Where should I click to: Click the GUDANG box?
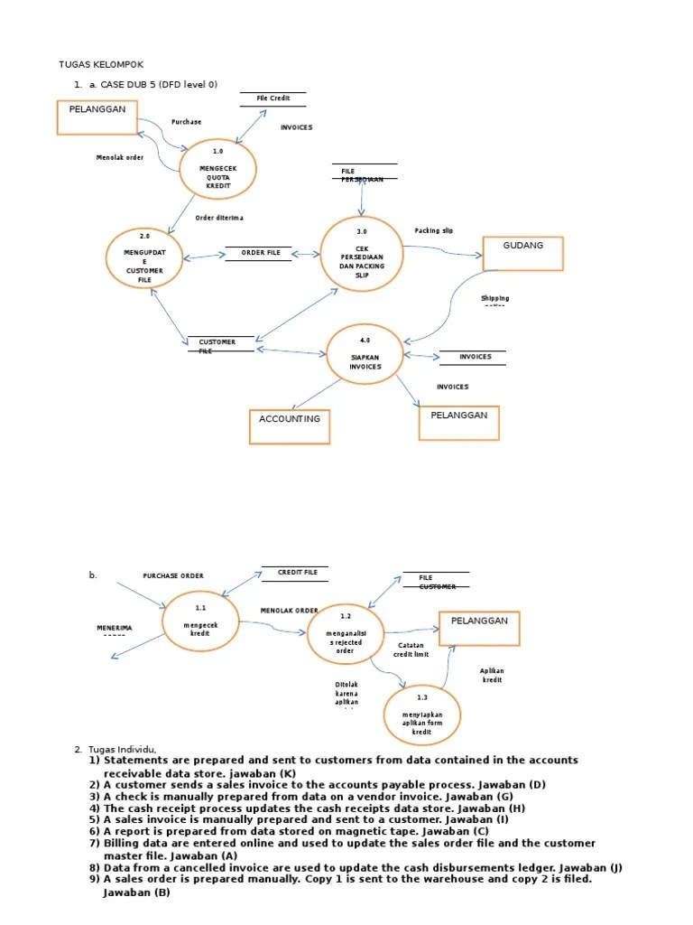522,253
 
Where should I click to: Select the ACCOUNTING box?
289,426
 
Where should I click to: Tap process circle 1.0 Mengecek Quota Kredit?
217,169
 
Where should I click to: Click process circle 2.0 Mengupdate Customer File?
145,257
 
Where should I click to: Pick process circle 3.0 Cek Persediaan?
362,254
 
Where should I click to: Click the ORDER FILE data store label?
260,253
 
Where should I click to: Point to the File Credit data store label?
273,98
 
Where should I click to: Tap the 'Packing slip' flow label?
434,231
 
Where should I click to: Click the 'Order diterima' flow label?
218,218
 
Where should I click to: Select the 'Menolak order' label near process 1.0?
120,157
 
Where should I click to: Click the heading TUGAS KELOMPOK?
101,64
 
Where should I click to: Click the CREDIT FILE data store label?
297,573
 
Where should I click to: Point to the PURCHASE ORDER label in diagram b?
173,575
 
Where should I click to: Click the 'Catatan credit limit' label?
411,649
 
